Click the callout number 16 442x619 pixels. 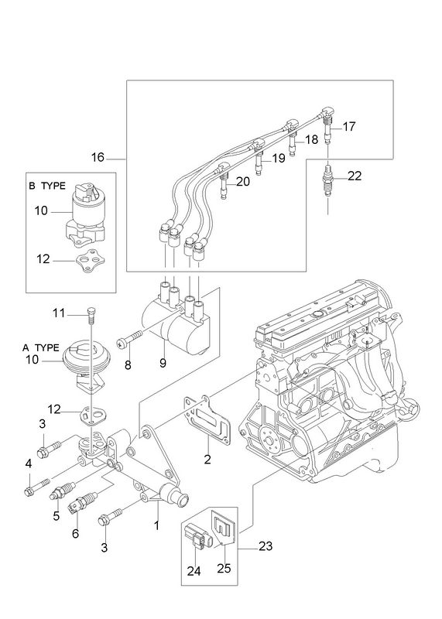(x=98, y=158)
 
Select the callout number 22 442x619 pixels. (x=355, y=176)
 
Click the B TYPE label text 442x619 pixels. (x=47, y=186)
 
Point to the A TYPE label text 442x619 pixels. (x=41, y=347)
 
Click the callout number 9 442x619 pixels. (x=163, y=363)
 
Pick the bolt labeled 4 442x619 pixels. (x=37, y=487)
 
